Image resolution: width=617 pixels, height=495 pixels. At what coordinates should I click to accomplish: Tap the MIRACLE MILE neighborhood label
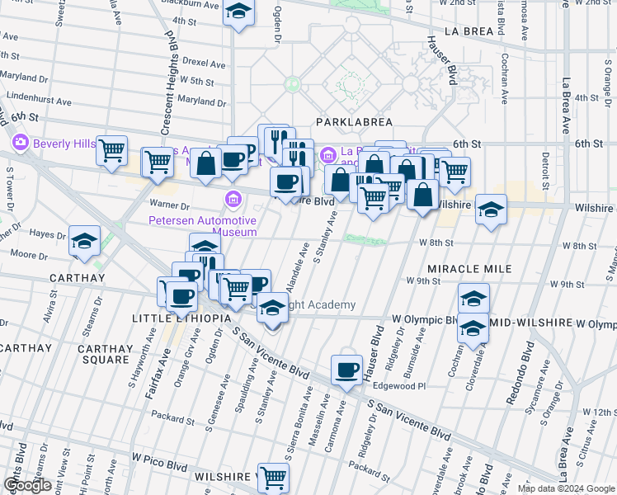coord(469,269)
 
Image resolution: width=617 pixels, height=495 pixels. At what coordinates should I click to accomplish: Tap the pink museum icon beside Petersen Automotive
coord(233,199)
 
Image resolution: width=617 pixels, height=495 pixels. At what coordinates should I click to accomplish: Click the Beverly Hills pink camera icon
coord(21,143)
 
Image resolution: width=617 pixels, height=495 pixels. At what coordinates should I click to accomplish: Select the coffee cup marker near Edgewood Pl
coord(347,370)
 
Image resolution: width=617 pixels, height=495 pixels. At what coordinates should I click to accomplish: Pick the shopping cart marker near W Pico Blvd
coord(273,477)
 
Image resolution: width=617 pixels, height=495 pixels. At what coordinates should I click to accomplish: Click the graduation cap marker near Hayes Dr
coord(83,241)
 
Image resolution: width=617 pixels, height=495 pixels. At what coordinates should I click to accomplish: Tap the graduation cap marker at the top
coord(238,12)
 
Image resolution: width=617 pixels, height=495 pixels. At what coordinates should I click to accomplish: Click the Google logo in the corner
coord(27,485)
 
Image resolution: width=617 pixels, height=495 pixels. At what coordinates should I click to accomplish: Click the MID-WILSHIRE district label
coord(530,319)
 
